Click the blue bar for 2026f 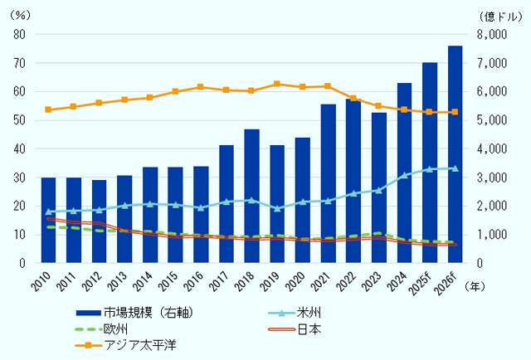point(455,154)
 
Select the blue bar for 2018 point(251,196)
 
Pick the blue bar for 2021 point(328,183)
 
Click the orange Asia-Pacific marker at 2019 point(277,84)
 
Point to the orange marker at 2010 point(48,109)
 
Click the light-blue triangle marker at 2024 point(404,175)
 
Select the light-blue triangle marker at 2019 point(277,208)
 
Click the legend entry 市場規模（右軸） point(145,313)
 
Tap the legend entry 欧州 point(116,328)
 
